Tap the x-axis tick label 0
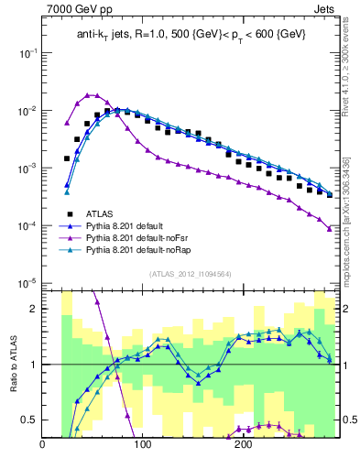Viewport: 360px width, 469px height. (43, 445)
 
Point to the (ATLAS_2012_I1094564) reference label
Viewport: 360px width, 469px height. (190, 274)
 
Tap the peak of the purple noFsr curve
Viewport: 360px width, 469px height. (90, 94)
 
